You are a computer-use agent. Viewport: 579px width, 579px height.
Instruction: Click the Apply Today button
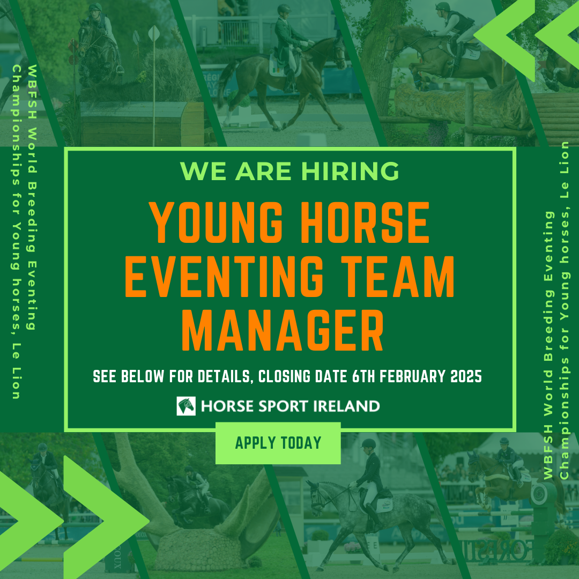tap(278, 443)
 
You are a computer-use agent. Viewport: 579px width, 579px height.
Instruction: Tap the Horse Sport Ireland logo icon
tap(186, 406)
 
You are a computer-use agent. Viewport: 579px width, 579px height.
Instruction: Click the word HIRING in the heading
tap(350, 171)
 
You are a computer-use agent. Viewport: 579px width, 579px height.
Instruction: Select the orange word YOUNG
tap(216, 222)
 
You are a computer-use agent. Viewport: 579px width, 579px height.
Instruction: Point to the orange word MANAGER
tap(283, 330)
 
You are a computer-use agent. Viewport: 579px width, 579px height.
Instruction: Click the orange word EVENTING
tap(224, 276)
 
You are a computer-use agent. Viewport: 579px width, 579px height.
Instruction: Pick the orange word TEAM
tap(397, 276)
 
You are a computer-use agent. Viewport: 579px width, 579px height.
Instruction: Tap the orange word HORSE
tap(365, 222)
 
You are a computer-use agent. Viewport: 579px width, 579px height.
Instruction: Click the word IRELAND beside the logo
tap(346, 406)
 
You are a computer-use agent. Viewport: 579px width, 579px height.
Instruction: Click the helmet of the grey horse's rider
tap(368, 444)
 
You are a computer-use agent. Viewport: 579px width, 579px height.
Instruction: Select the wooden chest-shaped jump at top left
tap(143, 124)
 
